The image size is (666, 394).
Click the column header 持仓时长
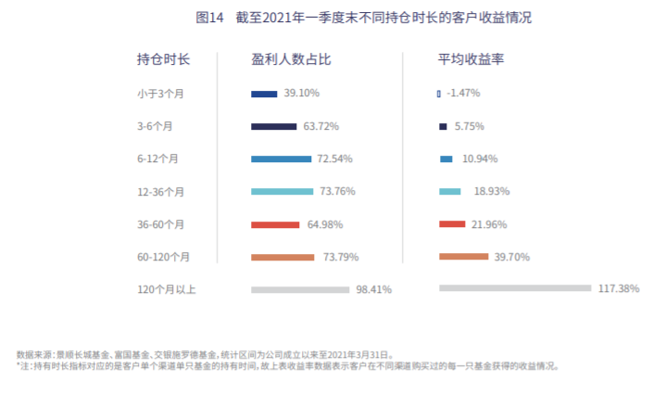163,59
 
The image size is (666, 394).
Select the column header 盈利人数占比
291,59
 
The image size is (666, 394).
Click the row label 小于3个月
159,94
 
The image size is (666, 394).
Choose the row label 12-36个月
159,192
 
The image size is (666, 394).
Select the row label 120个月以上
166,289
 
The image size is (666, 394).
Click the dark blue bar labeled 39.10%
264,94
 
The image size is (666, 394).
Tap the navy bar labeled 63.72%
274,126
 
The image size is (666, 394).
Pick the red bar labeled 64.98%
275,224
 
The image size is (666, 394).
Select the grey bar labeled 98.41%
301,289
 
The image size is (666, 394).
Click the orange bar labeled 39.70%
463,257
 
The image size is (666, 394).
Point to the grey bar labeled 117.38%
514,288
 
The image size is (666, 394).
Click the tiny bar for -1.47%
439,94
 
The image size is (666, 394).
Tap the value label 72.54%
334,159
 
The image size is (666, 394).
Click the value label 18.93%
492,192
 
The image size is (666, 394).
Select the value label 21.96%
491,224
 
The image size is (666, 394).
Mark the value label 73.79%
341,257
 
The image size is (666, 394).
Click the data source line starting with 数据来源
205,354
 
